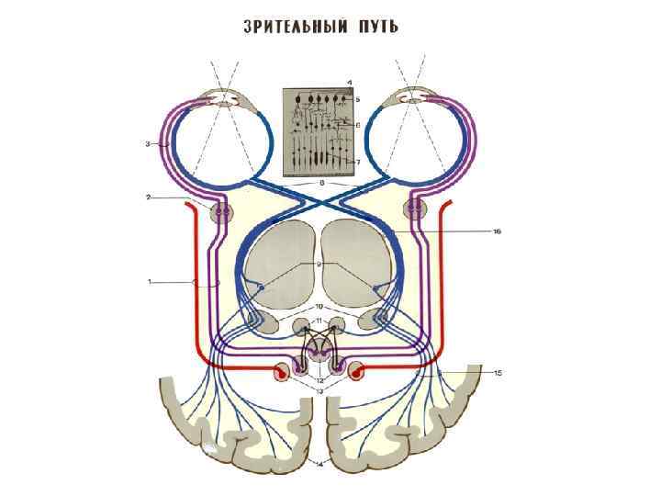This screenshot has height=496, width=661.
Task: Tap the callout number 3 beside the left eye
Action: (148, 144)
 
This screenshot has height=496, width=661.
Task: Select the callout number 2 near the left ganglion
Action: (148, 197)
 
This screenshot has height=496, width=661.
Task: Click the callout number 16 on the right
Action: (497, 231)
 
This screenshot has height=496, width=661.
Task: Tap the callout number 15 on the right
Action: (497, 372)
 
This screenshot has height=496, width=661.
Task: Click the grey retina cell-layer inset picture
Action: (318, 130)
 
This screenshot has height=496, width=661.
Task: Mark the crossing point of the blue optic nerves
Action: (319, 196)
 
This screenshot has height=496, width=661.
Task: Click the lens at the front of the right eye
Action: (417, 96)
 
